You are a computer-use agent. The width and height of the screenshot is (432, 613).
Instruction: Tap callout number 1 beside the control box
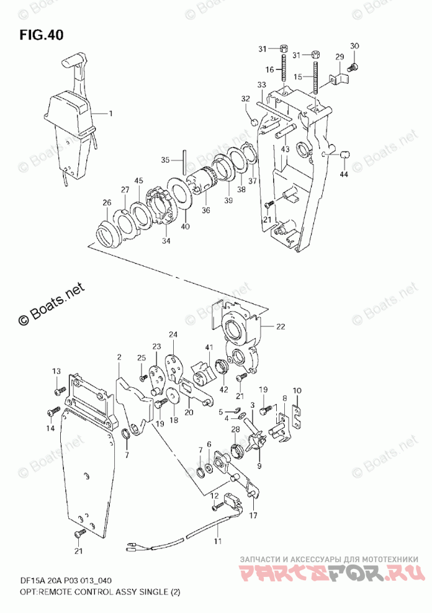point(111,114)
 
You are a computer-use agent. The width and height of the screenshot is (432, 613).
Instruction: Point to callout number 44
point(344,176)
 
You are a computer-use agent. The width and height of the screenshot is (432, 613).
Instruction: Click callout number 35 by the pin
point(164,160)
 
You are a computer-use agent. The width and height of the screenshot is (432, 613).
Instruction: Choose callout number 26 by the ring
point(106,202)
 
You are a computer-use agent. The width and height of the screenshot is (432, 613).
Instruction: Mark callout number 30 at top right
point(354,46)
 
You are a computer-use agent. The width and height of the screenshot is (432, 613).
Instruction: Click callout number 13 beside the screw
point(56,371)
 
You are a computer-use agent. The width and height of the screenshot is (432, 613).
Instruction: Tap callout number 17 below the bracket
point(253,515)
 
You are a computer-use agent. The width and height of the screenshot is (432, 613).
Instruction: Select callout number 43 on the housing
point(285,150)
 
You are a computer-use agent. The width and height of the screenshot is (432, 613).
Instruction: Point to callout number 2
point(119,357)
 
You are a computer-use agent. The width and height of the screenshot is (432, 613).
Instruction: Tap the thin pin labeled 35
point(184,163)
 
